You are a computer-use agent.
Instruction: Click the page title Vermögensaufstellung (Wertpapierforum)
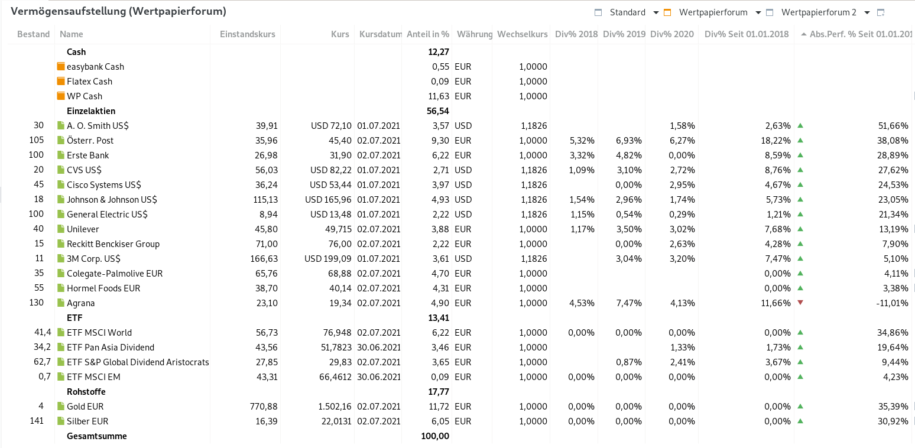118,11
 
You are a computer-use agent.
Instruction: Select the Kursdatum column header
380,34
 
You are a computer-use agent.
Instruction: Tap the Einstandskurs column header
247,34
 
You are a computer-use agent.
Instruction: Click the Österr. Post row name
90,141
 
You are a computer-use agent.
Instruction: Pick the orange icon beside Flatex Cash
60,82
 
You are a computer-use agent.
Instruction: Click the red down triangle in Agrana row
800,303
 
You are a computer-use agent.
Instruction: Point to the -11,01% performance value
892,303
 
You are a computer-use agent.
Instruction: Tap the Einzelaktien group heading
91,111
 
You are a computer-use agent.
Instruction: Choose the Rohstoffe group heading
86,392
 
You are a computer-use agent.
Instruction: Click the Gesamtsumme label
97,436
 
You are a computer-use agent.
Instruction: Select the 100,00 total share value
434,436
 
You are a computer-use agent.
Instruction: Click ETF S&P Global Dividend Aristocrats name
137,362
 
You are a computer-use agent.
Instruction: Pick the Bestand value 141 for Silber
37,421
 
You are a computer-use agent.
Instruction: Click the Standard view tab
627,12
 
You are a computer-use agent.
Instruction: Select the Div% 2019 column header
624,34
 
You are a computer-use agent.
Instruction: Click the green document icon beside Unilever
60,229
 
